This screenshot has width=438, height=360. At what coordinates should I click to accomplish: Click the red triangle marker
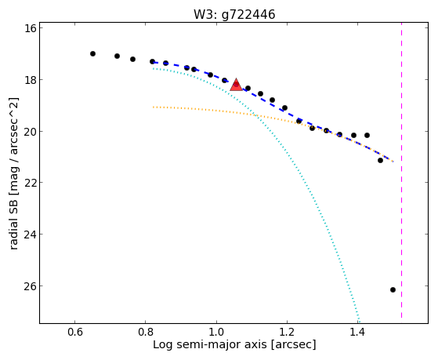[237, 85]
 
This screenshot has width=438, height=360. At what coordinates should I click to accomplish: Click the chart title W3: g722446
[234, 14]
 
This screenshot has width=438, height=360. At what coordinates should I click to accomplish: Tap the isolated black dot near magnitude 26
[393, 289]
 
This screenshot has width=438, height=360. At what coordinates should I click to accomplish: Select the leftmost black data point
[92, 53]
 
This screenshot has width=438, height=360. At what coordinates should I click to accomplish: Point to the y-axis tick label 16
[31, 28]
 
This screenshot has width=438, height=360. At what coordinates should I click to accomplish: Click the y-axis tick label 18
[31, 80]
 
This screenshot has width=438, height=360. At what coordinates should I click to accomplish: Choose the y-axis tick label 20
[31, 131]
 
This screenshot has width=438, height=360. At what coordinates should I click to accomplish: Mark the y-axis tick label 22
[31, 183]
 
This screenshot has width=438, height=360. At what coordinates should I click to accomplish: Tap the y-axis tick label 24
[31, 235]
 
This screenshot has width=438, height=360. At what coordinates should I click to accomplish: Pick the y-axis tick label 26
[31, 285]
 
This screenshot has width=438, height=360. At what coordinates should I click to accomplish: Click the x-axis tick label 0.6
[75, 333]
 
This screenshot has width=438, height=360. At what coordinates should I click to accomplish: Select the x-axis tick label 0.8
[146, 333]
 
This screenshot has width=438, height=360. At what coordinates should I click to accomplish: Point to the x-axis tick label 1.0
[216, 333]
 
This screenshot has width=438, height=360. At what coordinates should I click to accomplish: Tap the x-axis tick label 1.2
[287, 333]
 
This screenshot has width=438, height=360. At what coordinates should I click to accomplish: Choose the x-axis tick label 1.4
[357, 333]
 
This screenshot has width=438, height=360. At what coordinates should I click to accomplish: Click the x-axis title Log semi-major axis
[210, 344]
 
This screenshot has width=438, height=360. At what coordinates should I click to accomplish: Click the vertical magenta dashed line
[402, 170]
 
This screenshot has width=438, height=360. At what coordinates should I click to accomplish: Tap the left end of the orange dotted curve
[154, 107]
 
